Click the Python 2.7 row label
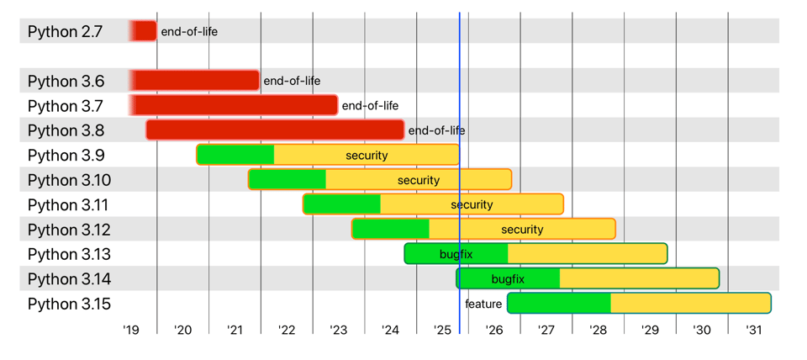tap(65, 31)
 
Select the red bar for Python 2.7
tap(144, 31)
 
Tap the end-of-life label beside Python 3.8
tap(436, 130)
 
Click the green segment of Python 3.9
tap(235, 155)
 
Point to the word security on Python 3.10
tap(419, 180)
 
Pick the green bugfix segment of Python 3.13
tap(456, 254)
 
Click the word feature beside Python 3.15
tap(483, 304)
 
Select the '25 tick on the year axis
tap(442, 331)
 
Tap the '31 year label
tap(754, 331)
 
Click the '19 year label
tap(130, 331)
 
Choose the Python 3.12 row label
tap(69, 230)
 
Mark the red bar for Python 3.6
tap(195, 81)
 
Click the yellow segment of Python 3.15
tap(689, 304)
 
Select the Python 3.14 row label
tap(69, 279)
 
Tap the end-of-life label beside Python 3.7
tap(370, 105)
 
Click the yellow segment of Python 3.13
tap(587, 254)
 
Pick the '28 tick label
tap(599, 331)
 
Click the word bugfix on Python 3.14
tap(508, 279)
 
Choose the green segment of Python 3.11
tap(342, 204)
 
